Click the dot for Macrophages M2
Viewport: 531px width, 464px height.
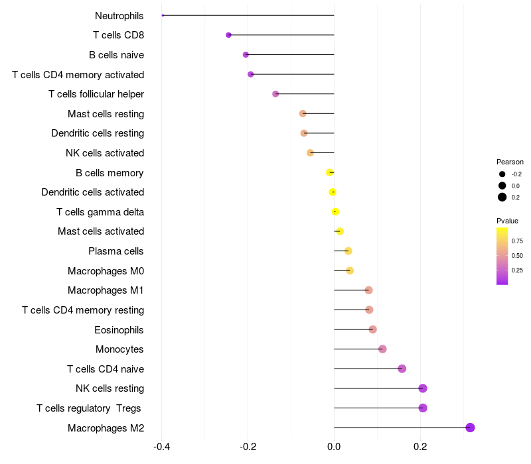[470, 428]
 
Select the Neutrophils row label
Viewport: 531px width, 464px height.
[119, 15]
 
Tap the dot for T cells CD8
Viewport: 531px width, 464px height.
[228, 35]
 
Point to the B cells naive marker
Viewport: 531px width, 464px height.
[246, 54]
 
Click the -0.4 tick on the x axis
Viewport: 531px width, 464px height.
[161, 447]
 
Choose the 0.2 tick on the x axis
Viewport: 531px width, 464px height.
[420, 447]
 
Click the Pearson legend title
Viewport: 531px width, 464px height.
[510, 162]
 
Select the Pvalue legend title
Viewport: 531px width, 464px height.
[507, 221]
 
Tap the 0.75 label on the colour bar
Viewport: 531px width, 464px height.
[517, 241]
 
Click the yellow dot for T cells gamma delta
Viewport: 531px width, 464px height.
[335, 211]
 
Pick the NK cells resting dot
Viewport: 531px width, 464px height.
[423, 388]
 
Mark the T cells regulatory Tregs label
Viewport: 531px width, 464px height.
[90, 408]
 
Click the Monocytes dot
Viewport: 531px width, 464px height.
[382, 349]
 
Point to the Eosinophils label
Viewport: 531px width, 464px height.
[119, 329]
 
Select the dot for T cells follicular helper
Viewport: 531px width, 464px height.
[275, 94]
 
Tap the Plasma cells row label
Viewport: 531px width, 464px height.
[116, 251]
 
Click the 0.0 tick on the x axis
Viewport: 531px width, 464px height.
[334, 447]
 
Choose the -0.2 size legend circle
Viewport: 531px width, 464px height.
[502, 174]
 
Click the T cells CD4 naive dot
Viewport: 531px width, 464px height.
[402, 369]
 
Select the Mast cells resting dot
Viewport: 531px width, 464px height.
[303, 113]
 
